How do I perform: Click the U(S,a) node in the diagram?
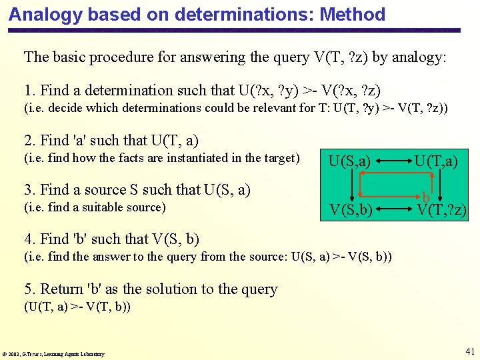click(x=351, y=160)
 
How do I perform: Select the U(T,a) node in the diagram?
click(x=436, y=160)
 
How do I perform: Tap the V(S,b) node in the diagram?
click(x=351, y=211)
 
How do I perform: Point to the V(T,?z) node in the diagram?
click(x=441, y=211)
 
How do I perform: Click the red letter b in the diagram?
click(x=425, y=197)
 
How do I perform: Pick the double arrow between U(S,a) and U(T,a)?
click(x=393, y=161)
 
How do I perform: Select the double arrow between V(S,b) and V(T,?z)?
click(x=394, y=211)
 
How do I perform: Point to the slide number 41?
click(x=469, y=351)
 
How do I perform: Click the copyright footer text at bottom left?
click(x=53, y=354)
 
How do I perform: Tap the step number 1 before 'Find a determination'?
click(x=28, y=90)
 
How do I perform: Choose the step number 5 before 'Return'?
click(x=28, y=289)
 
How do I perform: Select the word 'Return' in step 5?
click(x=62, y=289)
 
